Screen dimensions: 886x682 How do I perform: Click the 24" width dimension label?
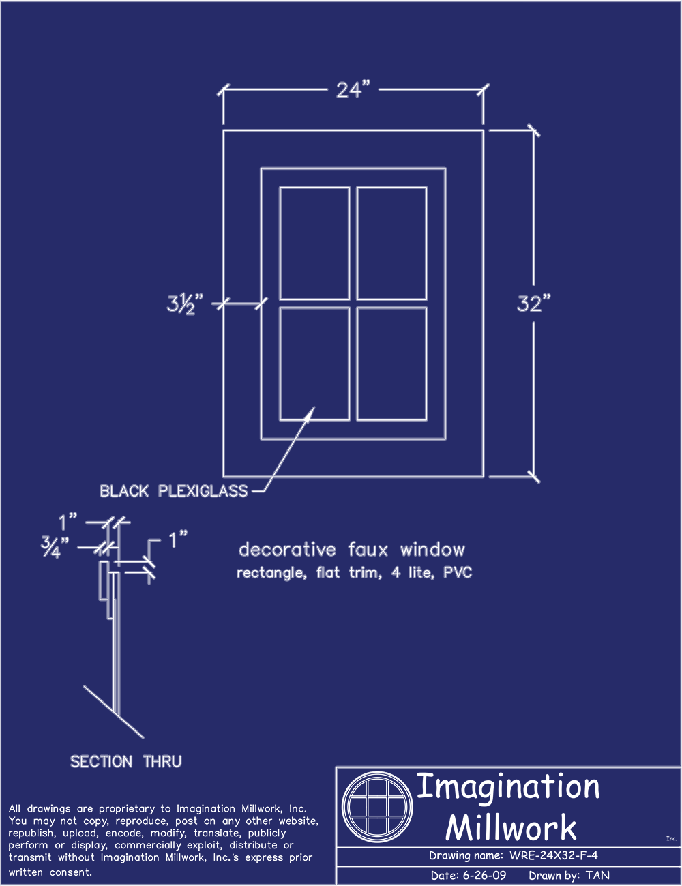(353, 90)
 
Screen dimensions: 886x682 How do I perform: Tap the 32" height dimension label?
(533, 304)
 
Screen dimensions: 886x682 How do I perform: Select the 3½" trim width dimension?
(186, 304)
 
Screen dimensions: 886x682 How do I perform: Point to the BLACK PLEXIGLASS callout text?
(174, 491)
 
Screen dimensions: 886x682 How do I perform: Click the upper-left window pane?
(314, 243)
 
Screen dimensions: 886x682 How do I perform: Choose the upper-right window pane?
(392, 243)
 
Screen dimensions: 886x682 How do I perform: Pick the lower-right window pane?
(392, 364)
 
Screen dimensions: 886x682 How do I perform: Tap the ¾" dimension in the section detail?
(50, 547)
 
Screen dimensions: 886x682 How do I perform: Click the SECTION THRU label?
(126, 762)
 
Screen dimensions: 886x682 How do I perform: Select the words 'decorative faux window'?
(352, 550)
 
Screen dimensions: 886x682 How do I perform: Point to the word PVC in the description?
(458, 573)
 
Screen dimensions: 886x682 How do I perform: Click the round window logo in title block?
(378, 808)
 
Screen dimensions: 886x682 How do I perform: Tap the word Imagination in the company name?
(508, 787)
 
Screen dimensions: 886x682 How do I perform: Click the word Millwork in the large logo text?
(511, 828)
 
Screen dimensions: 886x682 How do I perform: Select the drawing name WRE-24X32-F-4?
(554, 856)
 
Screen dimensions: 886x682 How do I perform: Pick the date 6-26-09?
(484, 876)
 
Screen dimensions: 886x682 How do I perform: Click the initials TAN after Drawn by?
(597, 876)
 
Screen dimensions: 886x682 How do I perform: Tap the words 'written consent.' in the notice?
(50, 872)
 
